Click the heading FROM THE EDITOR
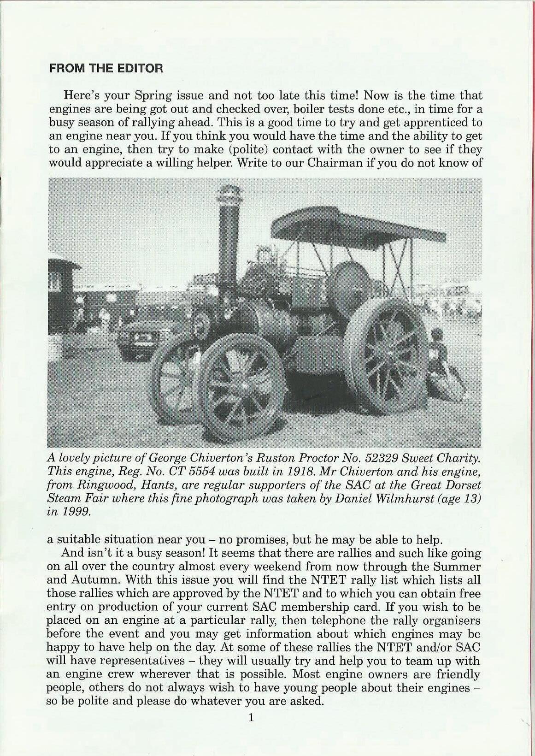point(106,69)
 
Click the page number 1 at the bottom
point(251,717)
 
